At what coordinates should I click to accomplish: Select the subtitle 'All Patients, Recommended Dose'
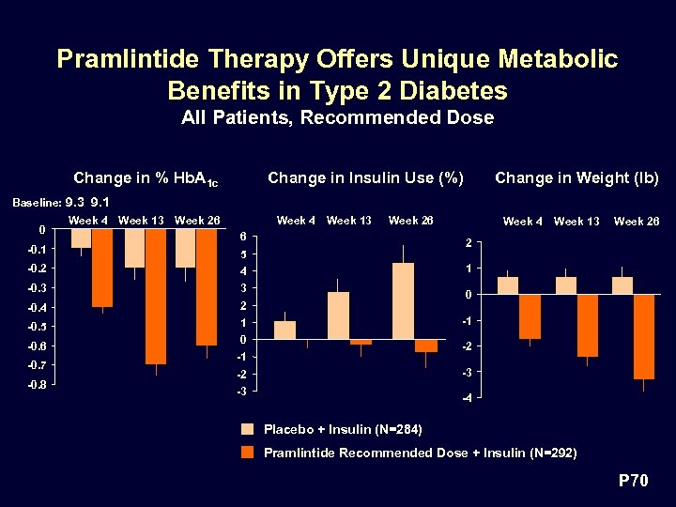click(x=337, y=117)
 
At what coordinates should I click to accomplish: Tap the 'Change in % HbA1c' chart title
click(x=146, y=178)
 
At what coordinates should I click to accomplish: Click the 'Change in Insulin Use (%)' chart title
click(x=365, y=177)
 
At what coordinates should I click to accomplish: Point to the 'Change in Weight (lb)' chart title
click(x=576, y=177)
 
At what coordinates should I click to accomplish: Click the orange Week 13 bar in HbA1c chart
click(x=156, y=296)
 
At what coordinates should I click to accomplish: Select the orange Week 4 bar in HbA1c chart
click(x=102, y=268)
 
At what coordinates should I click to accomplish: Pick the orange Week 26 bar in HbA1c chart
click(x=207, y=286)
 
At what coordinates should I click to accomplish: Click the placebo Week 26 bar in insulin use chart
click(x=403, y=300)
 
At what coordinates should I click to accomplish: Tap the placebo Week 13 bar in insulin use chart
click(x=338, y=315)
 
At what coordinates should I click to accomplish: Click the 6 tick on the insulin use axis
click(x=243, y=236)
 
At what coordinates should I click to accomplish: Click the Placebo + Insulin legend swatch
click(x=248, y=429)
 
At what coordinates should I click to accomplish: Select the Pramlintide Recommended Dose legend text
click(x=420, y=453)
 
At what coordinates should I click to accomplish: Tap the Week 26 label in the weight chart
click(x=636, y=222)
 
